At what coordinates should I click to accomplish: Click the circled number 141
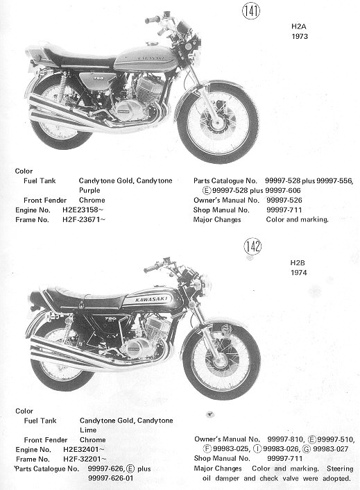pos(250,11)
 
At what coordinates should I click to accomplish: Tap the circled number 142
pos(252,246)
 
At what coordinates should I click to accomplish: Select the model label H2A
pos(299,26)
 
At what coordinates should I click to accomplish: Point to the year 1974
pos(299,273)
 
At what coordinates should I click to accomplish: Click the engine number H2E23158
pos(80,210)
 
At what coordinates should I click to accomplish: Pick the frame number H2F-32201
pos(82,459)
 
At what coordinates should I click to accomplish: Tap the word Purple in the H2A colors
pos(89,190)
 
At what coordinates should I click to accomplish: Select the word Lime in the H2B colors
pos(88,430)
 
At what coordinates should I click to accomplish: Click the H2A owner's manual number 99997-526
pos(284,200)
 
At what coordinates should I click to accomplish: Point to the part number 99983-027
pos(330,449)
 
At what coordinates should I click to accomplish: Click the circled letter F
pos(207,449)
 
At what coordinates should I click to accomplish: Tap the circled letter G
pos(307,449)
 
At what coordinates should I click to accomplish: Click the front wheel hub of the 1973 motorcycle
pos(217,124)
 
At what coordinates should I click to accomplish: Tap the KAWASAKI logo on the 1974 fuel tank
pos(151,299)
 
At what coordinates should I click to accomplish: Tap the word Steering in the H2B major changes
pos(340,468)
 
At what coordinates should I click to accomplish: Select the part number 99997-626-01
pos(111,478)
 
